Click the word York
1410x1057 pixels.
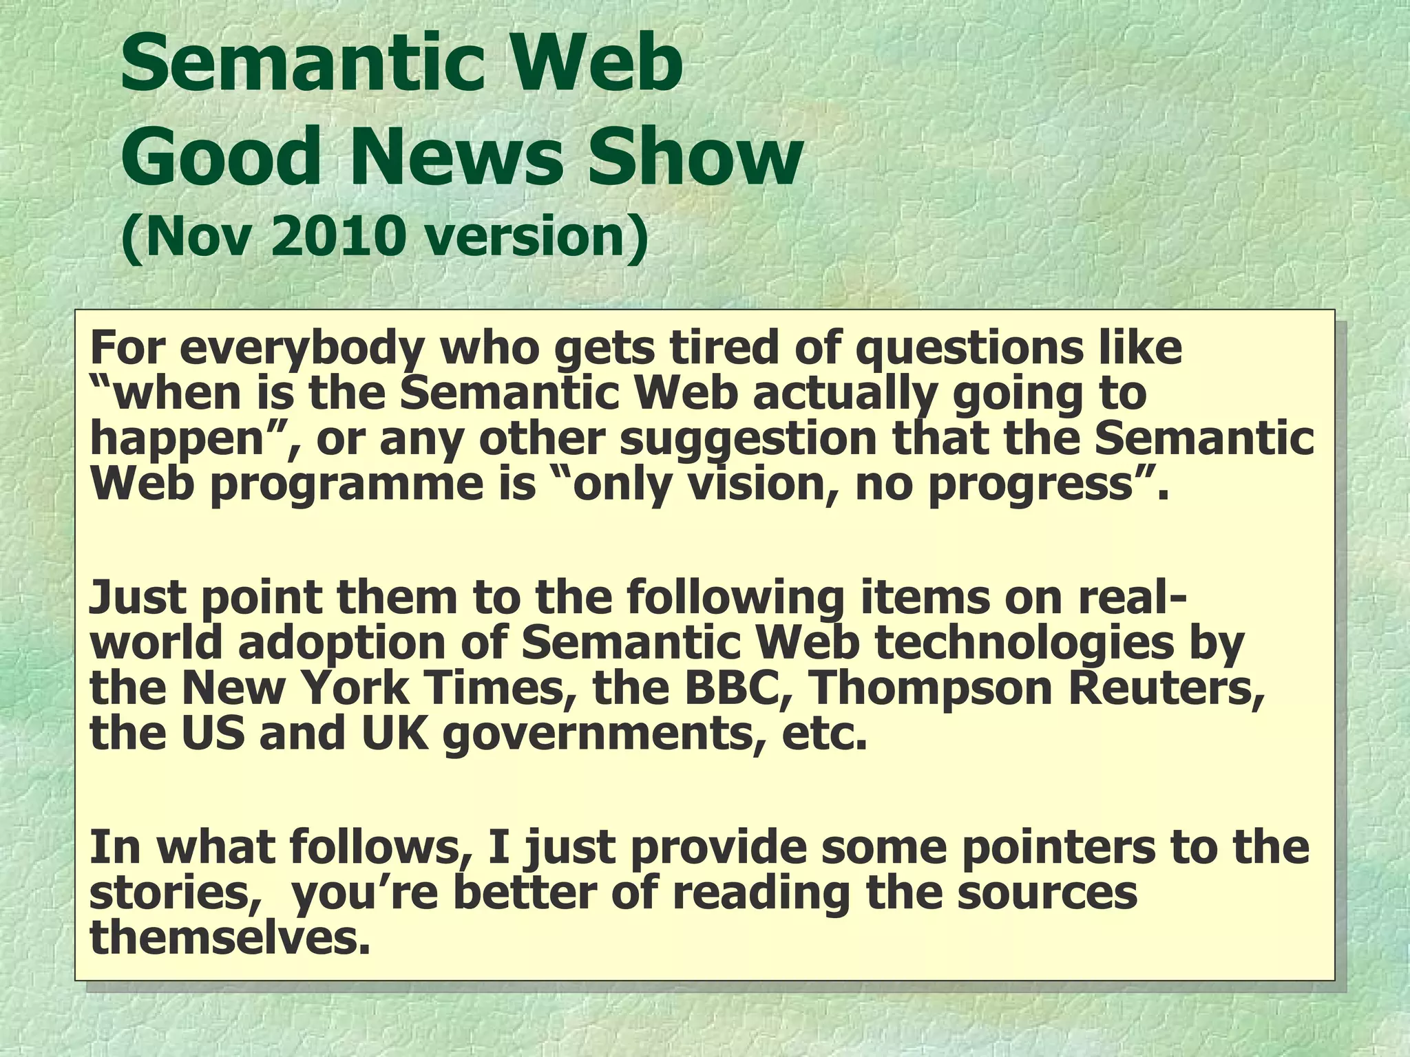tap(357, 687)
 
